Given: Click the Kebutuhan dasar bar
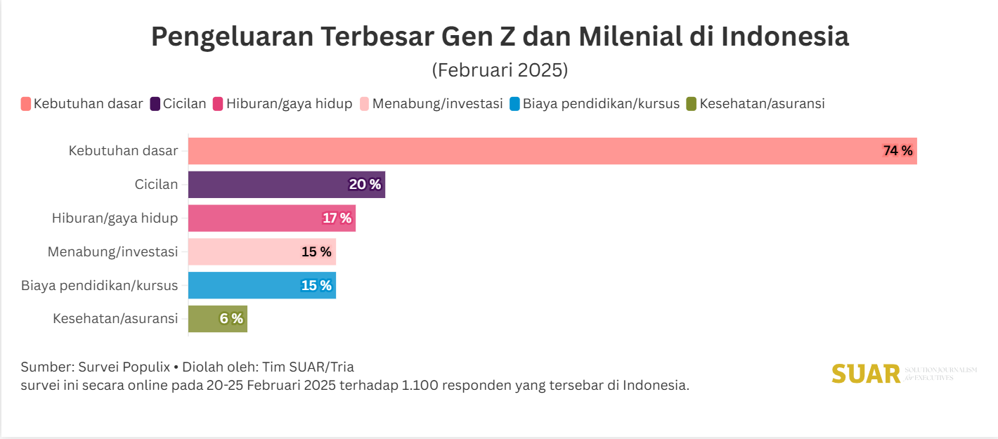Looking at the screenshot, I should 534,151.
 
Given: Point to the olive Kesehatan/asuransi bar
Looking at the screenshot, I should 211,319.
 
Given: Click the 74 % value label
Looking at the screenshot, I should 897,151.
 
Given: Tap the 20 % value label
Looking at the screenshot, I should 365,185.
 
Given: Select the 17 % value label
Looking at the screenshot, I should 337,218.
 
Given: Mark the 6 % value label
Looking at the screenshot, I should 231,319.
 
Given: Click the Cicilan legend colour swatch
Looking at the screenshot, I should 155,104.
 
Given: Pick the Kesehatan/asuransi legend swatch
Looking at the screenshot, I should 692,104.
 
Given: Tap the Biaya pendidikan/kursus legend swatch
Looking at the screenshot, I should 515,104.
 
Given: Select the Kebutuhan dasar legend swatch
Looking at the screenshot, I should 26,104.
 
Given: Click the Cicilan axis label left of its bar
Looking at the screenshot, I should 156,185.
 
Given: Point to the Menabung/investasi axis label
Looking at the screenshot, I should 112,251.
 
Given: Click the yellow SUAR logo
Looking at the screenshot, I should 866,374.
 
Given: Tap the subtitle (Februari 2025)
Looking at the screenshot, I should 499,71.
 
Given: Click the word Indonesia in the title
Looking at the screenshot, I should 785,37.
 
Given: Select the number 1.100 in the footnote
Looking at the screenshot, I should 416,386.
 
